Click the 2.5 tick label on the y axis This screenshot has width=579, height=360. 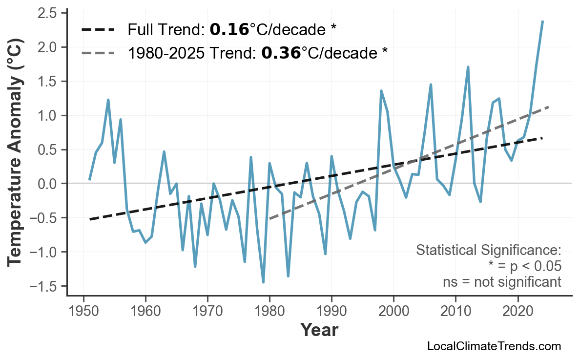[48, 13]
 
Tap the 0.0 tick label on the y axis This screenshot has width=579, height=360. [48, 184]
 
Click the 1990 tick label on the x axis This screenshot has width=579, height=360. [331, 311]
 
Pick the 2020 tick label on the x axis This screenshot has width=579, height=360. [517, 311]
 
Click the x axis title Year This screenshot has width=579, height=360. [319, 330]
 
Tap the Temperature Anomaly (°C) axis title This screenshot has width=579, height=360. [16, 154]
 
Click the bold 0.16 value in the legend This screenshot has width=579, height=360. [229, 30]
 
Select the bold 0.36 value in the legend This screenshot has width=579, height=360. [281, 53]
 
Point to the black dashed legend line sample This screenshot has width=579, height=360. [98, 30]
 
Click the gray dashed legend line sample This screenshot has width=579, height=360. [98, 53]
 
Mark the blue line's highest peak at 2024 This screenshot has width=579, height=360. [542, 21]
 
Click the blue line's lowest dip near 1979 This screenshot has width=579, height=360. [263, 282]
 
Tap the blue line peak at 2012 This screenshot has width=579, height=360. [468, 67]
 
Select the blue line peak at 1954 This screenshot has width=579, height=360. [108, 100]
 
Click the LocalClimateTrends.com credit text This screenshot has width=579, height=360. [494, 346]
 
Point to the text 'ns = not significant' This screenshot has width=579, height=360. [502, 282]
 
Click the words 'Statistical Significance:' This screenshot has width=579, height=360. [488, 251]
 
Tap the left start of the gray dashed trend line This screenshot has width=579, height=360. [270, 219]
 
